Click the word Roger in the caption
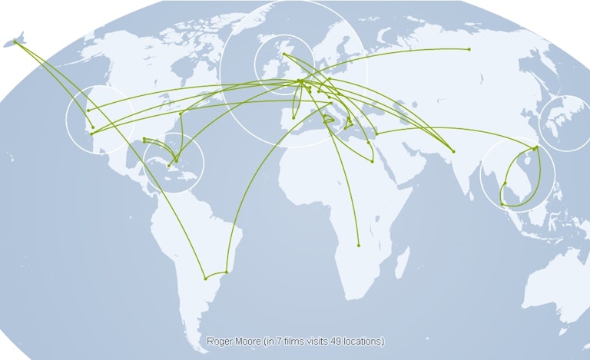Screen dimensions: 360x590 [x=219, y=341]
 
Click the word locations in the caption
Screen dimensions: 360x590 [x=361, y=341]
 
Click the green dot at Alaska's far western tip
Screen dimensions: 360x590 [x=15, y=41]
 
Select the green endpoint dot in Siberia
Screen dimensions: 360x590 [x=469, y=49]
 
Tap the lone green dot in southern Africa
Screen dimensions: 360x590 [x=359, y=246]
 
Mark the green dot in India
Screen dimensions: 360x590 [x=453, y=151]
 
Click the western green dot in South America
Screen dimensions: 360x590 [x=205, y=279]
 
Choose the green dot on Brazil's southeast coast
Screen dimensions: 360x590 [x=227, y=272]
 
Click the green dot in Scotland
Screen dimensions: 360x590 [x=284, y=54]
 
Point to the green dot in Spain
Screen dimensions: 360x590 [x=293, y=117]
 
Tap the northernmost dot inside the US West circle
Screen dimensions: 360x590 [x=88, y=111]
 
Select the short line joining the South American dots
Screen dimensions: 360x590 [x=216, y=276]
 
